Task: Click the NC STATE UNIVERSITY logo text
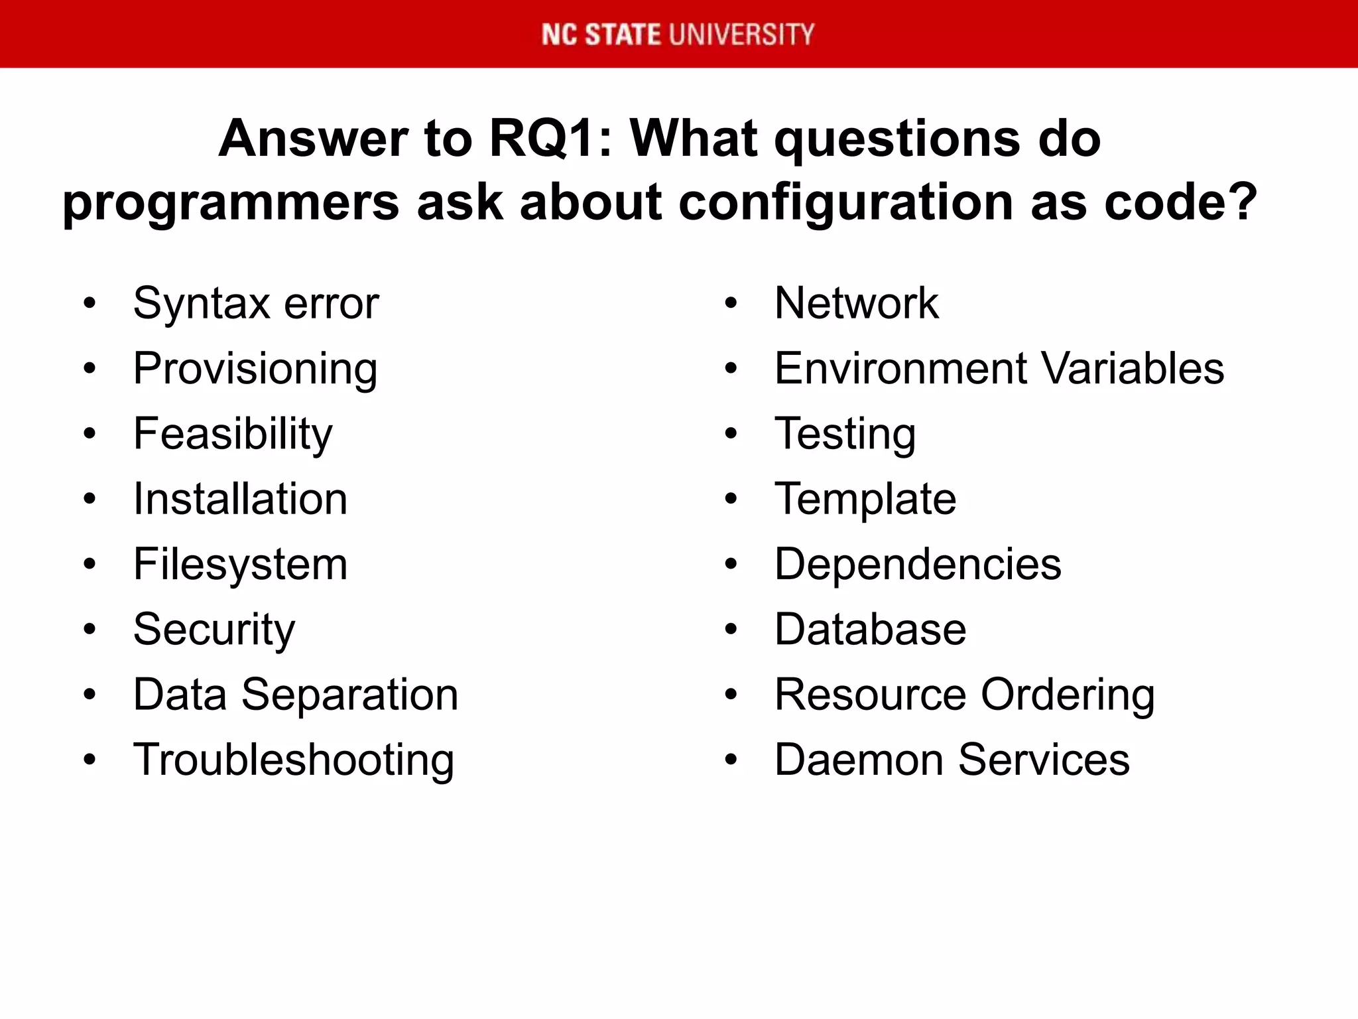pyautogui.click(x=678, y=34)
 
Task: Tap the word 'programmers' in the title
pyautogui.click(x=229, y=203)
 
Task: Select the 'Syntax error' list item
pyautogui.click(x=256, y=304)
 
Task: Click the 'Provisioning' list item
pyautogui.click(x=255, y=370)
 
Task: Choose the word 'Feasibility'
pyautogui.click(x=233, y=434)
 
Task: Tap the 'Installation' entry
pyautogui.click(x=240, y=499)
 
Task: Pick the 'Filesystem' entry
pyautogui.click(x=240, y=564)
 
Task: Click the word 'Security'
pyautogui.click(x=214, y=630)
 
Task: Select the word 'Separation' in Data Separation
pyautogui.click(x=349, y=695)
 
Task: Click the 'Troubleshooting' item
pyautogui.click(x=294, y=760)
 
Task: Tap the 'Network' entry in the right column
pyautogui.click(x=856, y=304)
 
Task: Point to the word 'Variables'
pyautogui.click(x=1132, y=368)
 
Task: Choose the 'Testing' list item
pyautogui.click(x=845, y=435)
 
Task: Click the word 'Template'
pyautogui.click(x=865, y=499)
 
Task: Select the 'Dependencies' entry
pyautogui.click(x=918, y=564)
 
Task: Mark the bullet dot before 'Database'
pyautogui.click(x=731, y=630)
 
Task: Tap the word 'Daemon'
pyautogui.click(x=858, y=760)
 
